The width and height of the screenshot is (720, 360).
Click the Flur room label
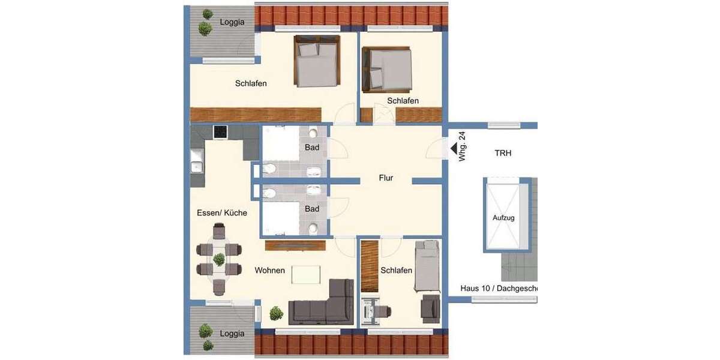(386, 178)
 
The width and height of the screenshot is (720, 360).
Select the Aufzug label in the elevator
(503, 218)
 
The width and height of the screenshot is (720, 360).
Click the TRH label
(503, 154)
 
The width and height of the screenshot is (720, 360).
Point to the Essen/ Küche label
(222, 213)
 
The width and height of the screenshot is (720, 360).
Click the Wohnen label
(269, 271)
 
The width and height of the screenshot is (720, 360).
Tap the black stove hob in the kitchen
(220, 131)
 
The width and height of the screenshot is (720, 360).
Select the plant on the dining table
(219, 259)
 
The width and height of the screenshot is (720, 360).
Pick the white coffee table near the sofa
(306, 274)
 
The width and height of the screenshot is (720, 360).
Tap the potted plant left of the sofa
(276, 313)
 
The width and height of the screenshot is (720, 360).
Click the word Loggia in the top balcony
(232, 22)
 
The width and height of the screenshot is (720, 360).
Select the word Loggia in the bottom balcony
(232, 334)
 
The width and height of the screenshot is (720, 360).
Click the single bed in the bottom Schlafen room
(428, 266)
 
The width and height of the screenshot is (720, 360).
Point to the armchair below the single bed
(430, 308)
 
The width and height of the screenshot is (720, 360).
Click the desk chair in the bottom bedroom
(385, 311)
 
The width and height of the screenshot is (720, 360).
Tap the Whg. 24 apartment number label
(462, 148)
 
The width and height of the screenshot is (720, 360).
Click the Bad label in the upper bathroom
(312, 148)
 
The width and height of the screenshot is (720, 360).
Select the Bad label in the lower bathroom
(312, 209)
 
